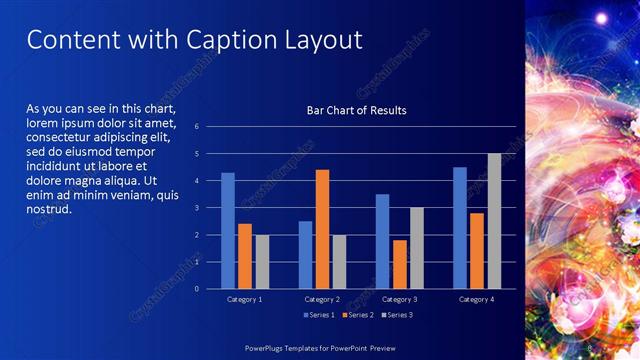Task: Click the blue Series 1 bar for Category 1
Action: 228,231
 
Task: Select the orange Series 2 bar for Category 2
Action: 322,229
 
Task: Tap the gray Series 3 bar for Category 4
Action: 494,221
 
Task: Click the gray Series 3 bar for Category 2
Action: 339,262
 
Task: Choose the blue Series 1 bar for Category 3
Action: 383,241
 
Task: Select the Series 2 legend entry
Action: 357,315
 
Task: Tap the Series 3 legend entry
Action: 397,315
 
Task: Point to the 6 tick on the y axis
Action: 197,127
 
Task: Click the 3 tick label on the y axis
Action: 197,208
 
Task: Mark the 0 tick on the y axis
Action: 197,289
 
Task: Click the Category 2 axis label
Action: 322,299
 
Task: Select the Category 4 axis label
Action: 477,299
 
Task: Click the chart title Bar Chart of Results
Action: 356,109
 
